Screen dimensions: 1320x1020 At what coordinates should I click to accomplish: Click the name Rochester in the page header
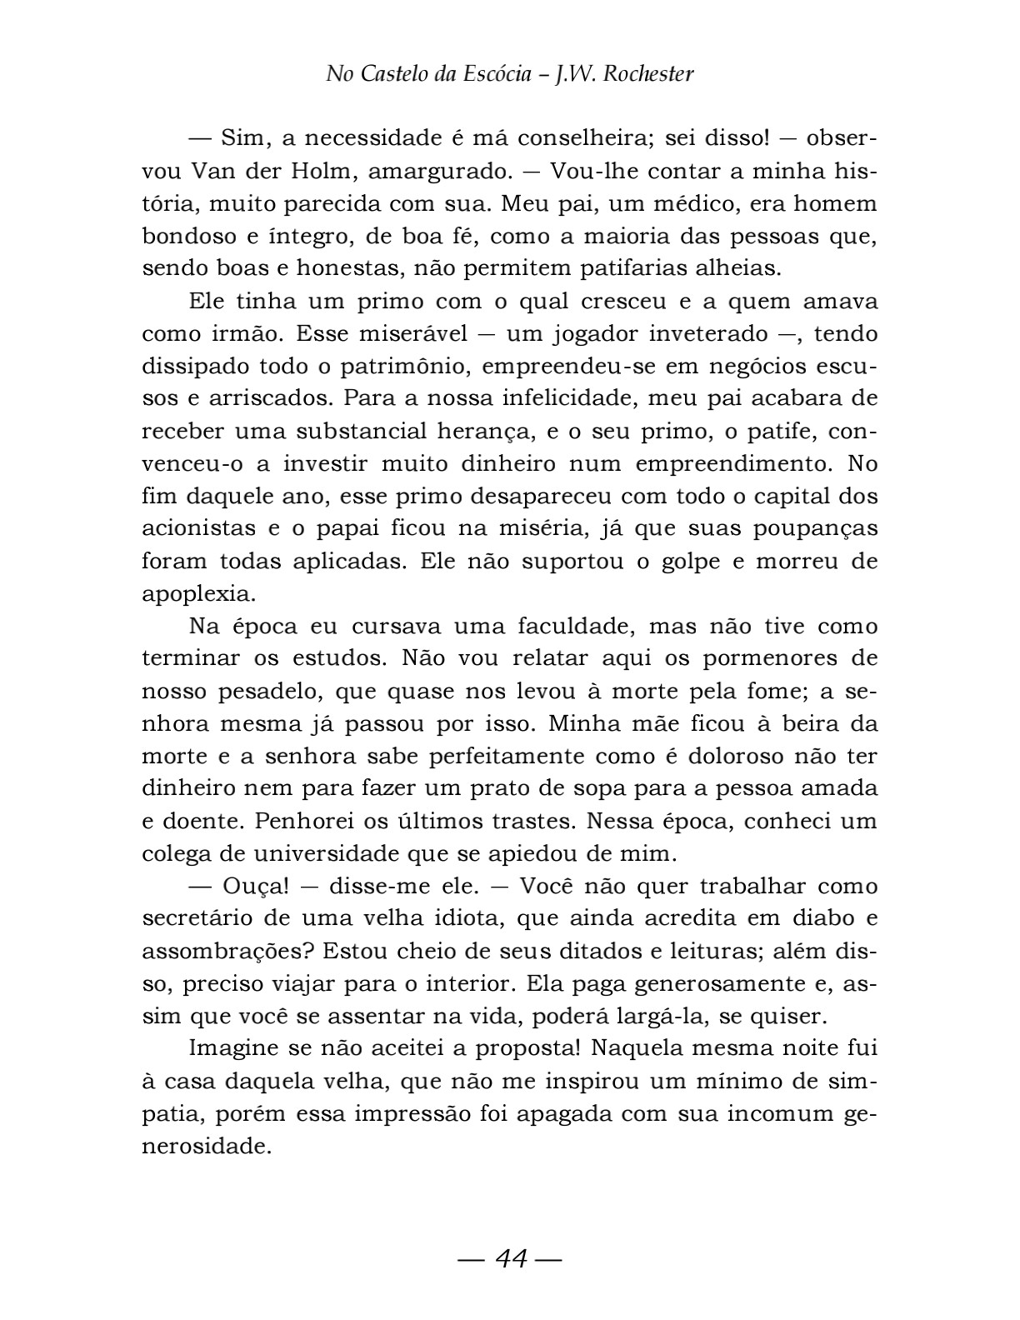click(647, 75)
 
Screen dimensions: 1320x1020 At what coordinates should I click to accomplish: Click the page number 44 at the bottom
click(511, 1258)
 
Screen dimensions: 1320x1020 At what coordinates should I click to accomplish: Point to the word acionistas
click(199, 529)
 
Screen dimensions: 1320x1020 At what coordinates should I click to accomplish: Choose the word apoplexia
click(197, 594)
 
